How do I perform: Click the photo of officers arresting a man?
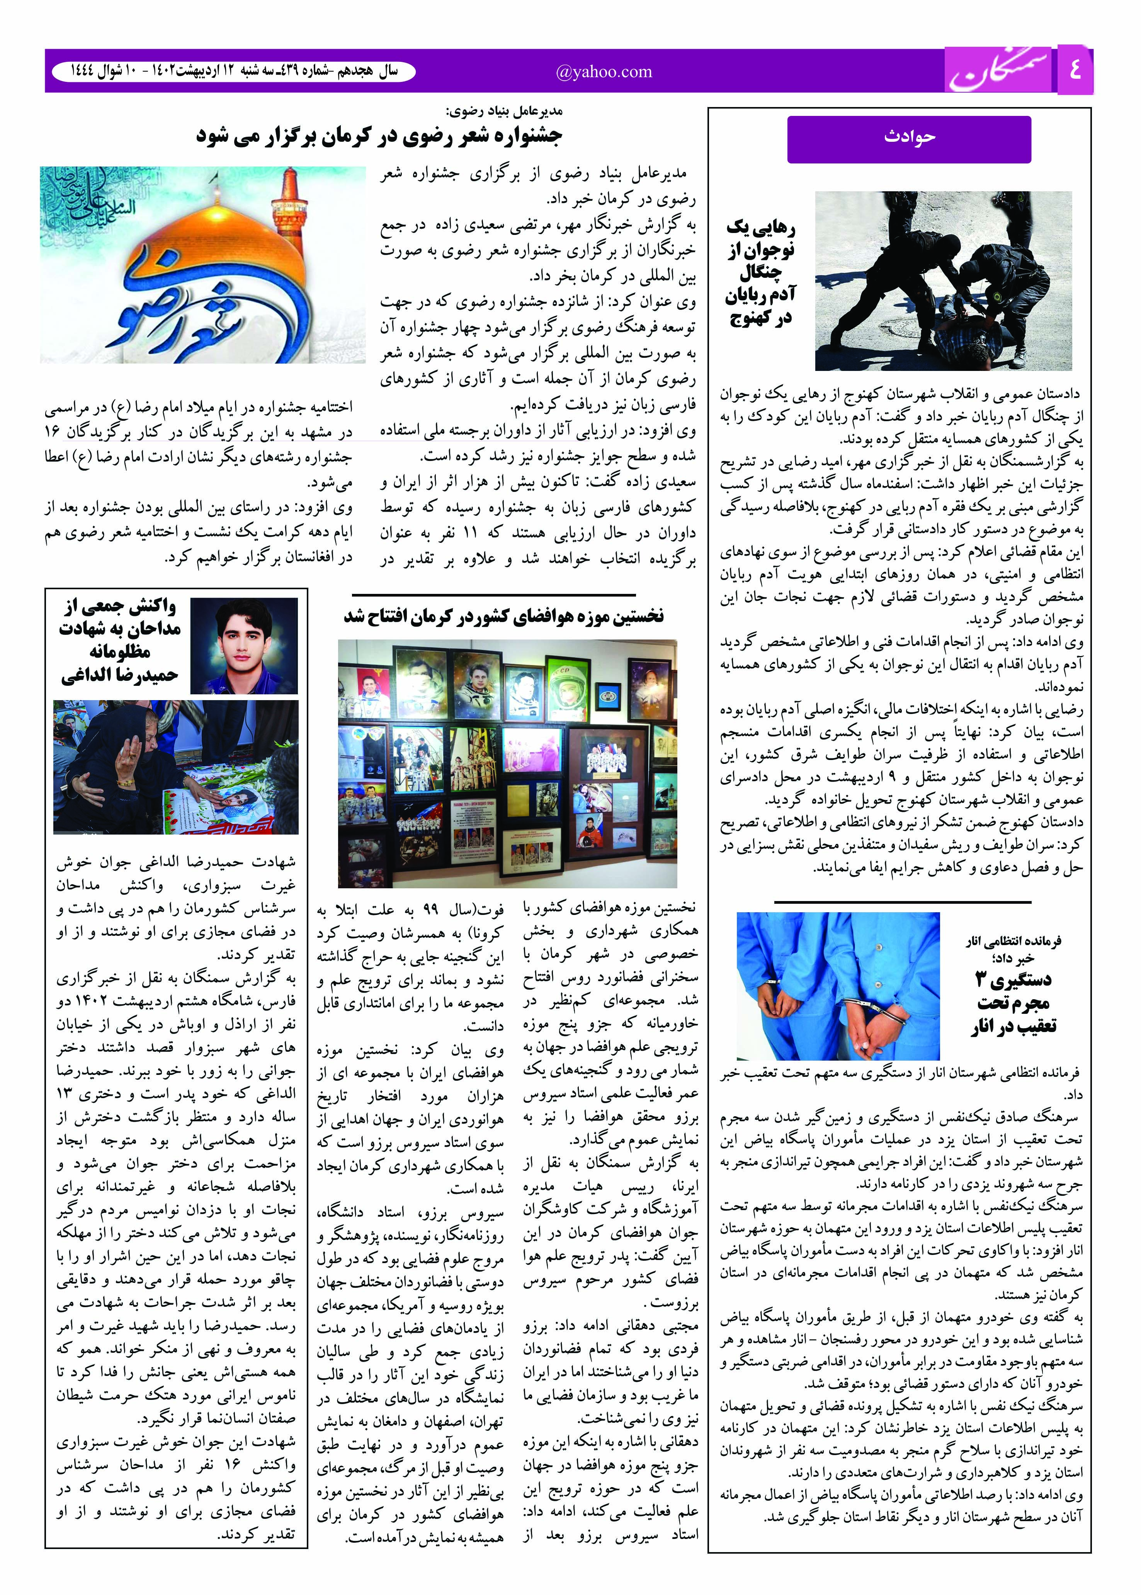pos(943,281)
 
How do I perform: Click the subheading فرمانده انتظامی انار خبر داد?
pos(1013,949)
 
